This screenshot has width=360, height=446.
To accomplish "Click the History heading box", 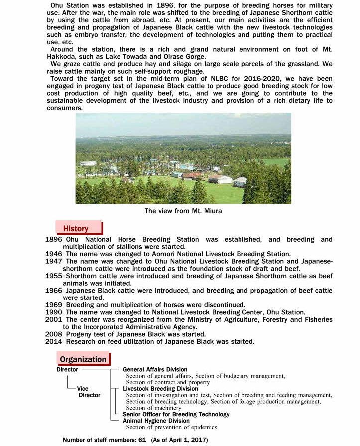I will [79, 228].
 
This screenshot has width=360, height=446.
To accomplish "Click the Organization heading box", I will [83, 359].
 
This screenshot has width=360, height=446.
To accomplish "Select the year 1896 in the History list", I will [54, 240].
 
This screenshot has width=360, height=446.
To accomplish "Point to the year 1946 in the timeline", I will [54, 254].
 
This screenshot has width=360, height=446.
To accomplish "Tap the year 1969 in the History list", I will [54, 305].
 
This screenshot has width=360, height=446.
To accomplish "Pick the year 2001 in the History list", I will [54, 319].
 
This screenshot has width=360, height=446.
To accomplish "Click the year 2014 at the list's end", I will [54, 341].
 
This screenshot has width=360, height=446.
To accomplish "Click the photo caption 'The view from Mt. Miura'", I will [183, 211].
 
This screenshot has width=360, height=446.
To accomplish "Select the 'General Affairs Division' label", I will [155, 370].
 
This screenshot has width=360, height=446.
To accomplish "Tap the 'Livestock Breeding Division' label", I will [160, 389].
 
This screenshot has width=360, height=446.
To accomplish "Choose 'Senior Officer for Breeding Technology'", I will [176, 414].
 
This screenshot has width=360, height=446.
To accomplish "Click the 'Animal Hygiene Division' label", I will [156, 421].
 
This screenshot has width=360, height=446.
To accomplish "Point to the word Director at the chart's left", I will [67, 370].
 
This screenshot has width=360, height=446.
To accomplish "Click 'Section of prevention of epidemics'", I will [171, 427].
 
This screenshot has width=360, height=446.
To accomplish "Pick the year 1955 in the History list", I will [54, 276].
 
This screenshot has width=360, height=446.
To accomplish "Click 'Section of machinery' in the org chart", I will [154, 408].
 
